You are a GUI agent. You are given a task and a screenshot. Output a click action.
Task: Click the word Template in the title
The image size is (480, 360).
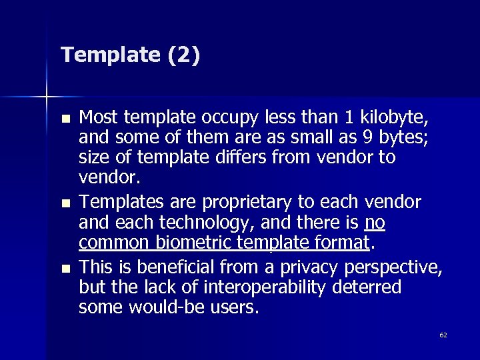(x=107, y=55)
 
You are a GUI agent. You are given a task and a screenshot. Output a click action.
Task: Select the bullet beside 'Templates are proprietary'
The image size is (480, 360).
(x=64, y=201)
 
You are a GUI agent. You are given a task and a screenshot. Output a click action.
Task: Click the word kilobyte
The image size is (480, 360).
(x=393, y=119)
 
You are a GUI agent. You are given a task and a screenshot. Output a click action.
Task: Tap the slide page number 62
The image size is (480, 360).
(x=443, y=335)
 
